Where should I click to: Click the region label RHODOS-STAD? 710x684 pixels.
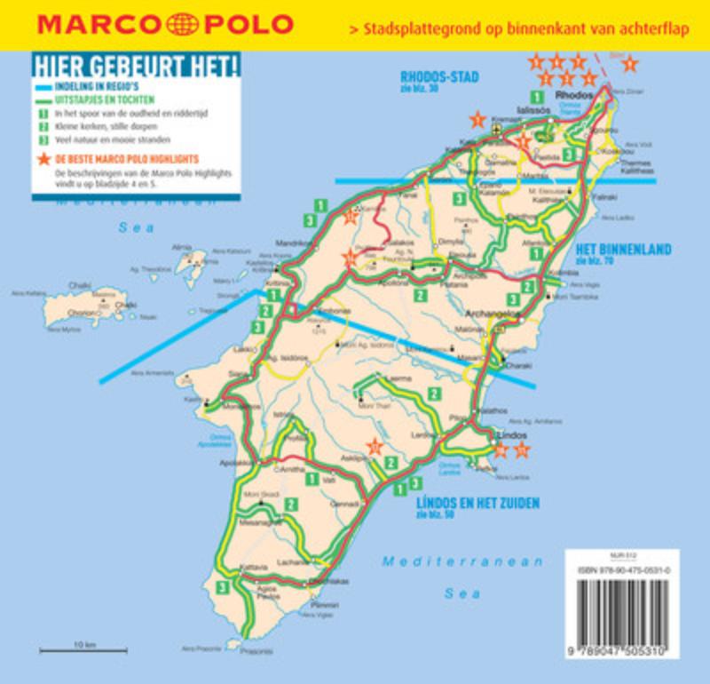coord(438,76)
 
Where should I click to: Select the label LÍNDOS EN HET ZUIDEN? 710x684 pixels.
coord(477,503)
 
